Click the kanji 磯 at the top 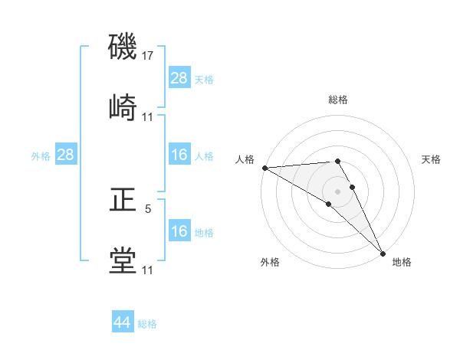[x=123, y=47]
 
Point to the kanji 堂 [x=123, y=260]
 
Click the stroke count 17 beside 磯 [x=148, y=56]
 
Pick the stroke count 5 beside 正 [x=148, y=208]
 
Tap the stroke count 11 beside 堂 [x=148, y=270]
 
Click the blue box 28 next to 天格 [x=179, y=77]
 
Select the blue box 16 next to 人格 [x=179, y=155]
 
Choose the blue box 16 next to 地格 [x=179, y=231]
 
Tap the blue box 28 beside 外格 [x=65, y=155]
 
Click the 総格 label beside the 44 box [x=147, y=324]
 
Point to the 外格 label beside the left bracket [x=41, y=155]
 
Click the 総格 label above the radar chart [x=337, y=100]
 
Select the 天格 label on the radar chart [x=431, y=159]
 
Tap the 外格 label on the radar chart [x=270, y=262]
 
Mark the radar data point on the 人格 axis [x=264, y=168]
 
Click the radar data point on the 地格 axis [x=382, y=252]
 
